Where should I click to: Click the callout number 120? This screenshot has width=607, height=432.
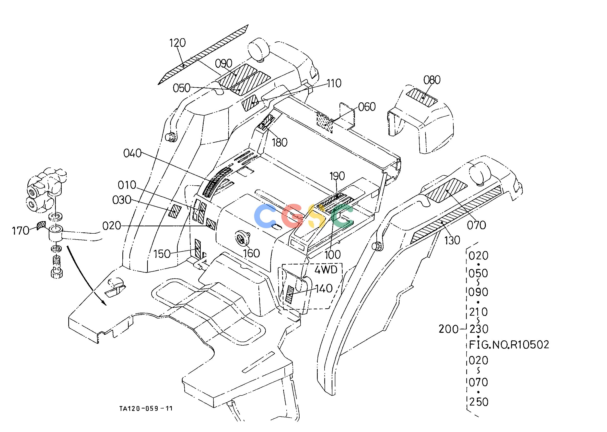[178, 43]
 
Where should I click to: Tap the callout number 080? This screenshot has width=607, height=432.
[432, 80]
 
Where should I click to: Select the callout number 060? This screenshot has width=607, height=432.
[367, 107]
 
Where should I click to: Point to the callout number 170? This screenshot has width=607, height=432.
[21, 231]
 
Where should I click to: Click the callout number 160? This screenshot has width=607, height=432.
[252, 253]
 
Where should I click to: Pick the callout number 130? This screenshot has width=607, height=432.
[452, 240]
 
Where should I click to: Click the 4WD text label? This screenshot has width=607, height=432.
[326, 270]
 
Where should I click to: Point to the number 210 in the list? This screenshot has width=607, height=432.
[479, 312]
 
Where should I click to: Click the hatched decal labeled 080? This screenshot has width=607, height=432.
[422, 98]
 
